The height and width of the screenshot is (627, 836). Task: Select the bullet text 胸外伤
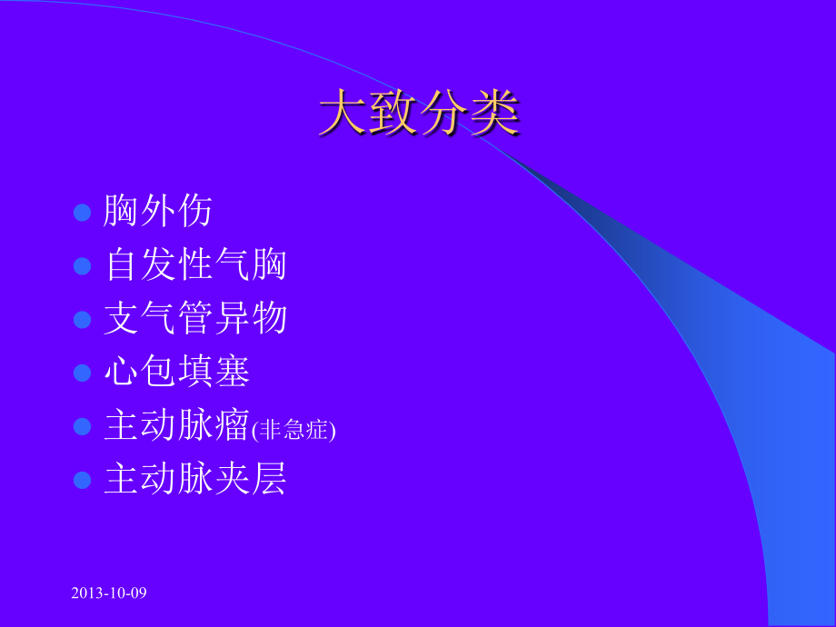click(x=158, y=212)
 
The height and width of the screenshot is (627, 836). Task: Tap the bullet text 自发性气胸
click(x=195, y=265)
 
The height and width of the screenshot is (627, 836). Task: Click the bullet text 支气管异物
click(x=195, y=319)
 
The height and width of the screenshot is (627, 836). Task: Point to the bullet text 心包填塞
click(x=176, y=372)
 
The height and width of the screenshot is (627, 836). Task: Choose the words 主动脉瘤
click(x=176, y=426)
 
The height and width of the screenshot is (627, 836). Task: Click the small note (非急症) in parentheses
click(x=293, y=429)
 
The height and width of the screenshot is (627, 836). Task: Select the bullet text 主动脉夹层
click(x=195, y=479)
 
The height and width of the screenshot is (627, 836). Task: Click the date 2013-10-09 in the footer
click(x=108, y=592)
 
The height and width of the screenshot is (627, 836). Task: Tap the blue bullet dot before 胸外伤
click(x=83, y=213)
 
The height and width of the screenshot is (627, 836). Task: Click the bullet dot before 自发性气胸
click(x=83, y=266)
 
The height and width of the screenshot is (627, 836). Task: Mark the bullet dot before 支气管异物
click(x=83, y=320)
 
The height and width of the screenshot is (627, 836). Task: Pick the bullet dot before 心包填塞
click(x=83, y=373)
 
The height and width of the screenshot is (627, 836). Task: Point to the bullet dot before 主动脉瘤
click(x=83, y=426)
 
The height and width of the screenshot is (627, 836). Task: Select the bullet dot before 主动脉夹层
click(x=83, y=480)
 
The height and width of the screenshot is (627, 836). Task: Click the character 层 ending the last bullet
click(x=269, y=479)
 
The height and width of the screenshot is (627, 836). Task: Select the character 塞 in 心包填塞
click(x=232, y=372)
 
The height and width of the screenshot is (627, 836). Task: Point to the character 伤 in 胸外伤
click(x=195, y=212)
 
